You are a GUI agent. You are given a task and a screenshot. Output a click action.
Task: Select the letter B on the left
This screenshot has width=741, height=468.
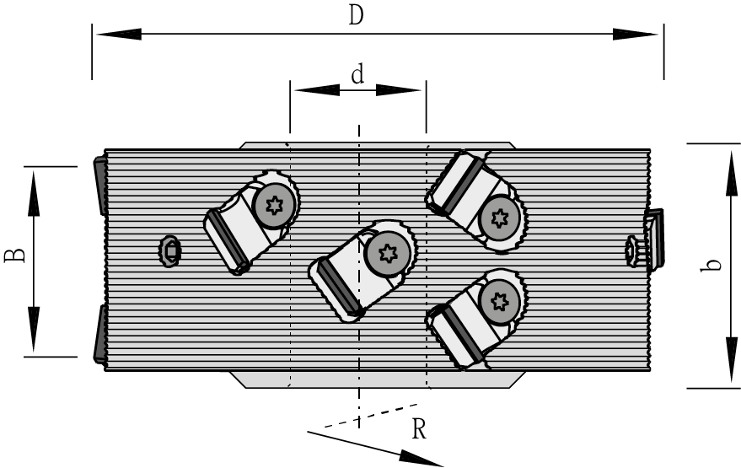(x=15, y=253)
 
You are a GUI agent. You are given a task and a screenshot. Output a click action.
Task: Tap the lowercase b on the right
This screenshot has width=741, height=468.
(x=713, y=264)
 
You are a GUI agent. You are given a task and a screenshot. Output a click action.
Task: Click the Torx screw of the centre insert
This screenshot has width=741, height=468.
(x=388, y=252)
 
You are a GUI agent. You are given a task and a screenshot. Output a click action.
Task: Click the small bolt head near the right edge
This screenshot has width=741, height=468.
(x=633, y=250)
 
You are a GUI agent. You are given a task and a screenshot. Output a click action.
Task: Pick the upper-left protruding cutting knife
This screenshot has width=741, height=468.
(x=99, y=186)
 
